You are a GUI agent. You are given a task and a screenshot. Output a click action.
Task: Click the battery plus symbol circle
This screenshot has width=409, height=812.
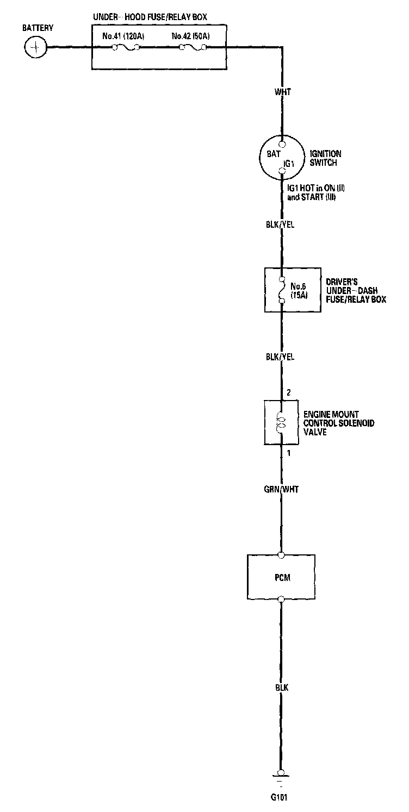(36, 47)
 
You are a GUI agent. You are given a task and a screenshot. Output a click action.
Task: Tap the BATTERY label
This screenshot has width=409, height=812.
(37, 28)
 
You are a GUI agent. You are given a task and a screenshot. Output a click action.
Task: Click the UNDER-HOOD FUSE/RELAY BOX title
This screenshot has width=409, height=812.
(150, 17)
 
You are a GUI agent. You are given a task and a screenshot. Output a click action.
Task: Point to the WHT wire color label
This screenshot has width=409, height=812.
(283, 92)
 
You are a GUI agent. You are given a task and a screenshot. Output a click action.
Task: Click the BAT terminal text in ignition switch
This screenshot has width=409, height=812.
(273, 154)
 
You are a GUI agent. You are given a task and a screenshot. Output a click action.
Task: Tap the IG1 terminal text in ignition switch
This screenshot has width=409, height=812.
(288, 163)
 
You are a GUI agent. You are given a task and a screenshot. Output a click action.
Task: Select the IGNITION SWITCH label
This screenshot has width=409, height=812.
(325, 158)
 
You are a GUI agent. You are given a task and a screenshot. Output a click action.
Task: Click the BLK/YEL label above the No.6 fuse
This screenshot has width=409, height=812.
(281, 223)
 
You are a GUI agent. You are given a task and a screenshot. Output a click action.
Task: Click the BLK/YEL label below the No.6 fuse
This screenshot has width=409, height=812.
(281, 357)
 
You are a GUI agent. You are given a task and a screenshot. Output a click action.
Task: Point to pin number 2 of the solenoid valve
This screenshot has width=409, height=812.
(289, 392)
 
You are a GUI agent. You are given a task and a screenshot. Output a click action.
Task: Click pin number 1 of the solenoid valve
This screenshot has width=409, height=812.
(289, 453)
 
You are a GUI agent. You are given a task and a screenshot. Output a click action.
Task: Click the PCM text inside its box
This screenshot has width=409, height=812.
(282, 577)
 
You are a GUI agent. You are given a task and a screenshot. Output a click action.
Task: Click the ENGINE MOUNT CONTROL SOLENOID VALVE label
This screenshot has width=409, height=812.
(339, 423)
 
